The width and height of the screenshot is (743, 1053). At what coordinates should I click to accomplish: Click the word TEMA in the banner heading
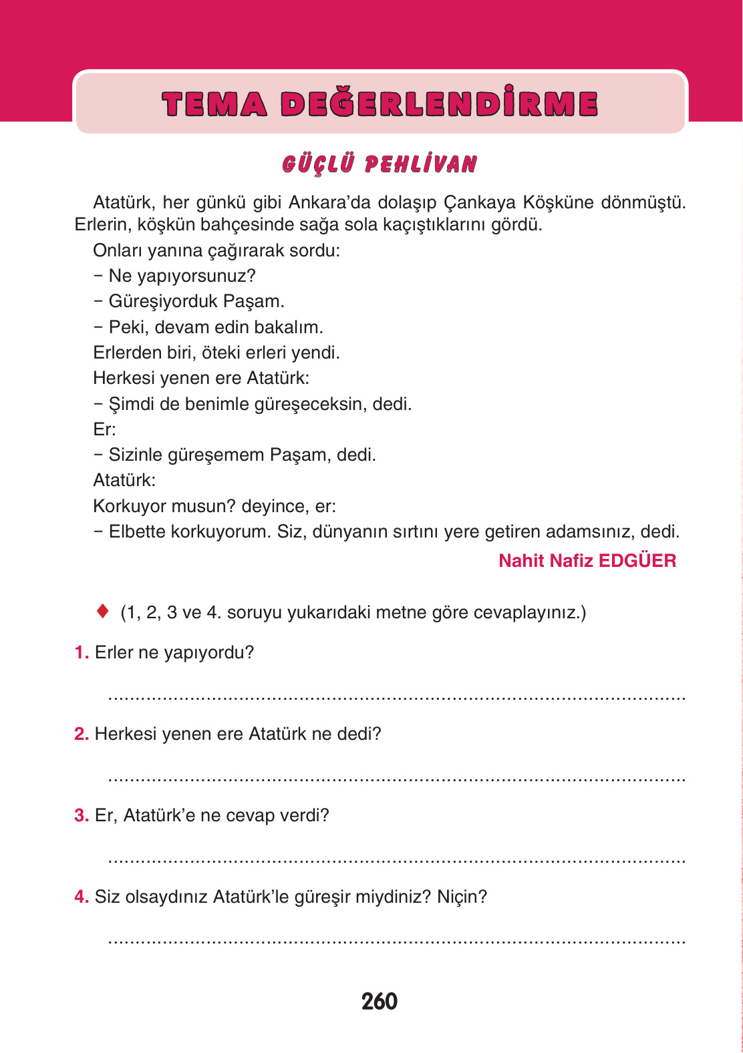[214, 104]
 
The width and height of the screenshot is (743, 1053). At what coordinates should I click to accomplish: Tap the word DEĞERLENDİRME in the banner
[439, 104]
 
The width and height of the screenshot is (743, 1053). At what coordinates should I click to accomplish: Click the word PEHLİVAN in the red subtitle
[421, 164]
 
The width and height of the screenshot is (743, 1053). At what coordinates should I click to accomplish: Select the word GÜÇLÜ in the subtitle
[318, 164]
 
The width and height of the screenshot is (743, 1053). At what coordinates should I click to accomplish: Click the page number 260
[379, 1001]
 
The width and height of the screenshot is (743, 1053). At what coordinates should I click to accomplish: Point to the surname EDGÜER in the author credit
[637, 561]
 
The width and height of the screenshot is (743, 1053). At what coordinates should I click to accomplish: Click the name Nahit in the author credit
[521, 561]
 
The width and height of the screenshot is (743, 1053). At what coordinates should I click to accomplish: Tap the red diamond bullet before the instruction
[102, 611]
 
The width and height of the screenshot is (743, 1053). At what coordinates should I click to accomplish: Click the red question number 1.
[81, 652]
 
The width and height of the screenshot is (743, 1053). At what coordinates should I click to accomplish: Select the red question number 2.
[81, 734]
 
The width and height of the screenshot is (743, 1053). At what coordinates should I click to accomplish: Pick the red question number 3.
[81, 815]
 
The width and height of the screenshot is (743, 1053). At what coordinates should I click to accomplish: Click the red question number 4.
[81, 897]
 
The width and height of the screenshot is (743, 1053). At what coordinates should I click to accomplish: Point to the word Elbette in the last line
[137, 532]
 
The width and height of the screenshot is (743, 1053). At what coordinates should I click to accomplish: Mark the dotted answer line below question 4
[397, 942]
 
